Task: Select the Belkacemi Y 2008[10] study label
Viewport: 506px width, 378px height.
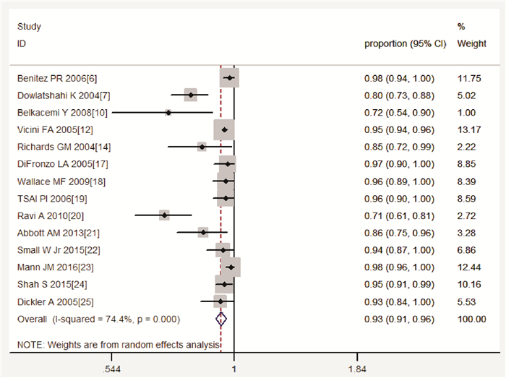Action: pyautogui.click(x=62, y=112)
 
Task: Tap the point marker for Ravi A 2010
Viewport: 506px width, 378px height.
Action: pyautogui.click(x=165, y=215)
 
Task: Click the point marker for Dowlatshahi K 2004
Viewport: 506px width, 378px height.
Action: pyautogui.click(x=191, y=95)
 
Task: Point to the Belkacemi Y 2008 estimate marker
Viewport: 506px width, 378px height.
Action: pyautogui.click(x=168, y=112)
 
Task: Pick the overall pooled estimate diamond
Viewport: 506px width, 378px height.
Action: pyautogui.click(x=222, y=318)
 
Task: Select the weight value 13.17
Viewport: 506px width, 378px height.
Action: pyautogui.click(x=471, y=129)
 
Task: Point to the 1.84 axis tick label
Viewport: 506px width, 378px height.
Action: pyautogui.click(x=357, y=369)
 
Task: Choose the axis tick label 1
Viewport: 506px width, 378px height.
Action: pyautogui.click(x=233, y=369)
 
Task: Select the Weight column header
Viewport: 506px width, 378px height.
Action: pyautogui.click(x=471, y=44)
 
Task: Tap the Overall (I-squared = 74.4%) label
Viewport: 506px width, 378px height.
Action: pyautogui.click(x=98, y=319)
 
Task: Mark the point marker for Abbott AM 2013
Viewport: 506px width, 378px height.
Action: pyautogui.click(x=202, y=232)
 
